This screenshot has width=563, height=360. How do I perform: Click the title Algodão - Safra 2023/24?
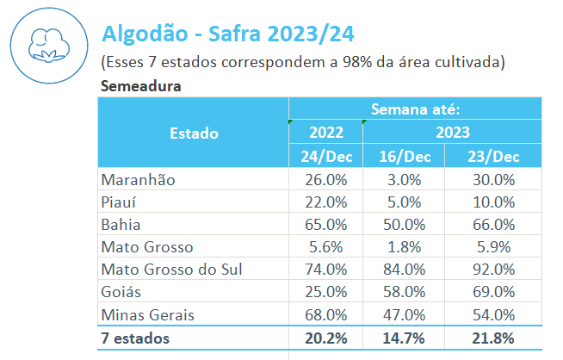228,34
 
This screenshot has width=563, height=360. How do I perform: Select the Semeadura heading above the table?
140,86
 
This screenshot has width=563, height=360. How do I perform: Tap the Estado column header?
194,133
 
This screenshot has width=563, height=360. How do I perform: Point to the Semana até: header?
415,109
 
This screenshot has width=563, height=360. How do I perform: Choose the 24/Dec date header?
325,156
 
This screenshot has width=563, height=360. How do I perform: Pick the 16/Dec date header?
405,156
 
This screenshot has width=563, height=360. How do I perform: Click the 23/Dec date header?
494,156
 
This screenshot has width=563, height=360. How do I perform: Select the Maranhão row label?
138,179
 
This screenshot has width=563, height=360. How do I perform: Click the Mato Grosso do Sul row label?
171,269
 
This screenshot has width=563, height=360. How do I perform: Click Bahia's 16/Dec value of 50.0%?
405,224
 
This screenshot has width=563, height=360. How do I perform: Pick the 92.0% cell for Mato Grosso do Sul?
494,269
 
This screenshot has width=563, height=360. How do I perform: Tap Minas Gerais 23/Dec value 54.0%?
494,313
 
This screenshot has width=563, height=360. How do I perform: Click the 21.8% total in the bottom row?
494,337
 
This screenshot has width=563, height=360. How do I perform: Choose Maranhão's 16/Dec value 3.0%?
405,179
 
